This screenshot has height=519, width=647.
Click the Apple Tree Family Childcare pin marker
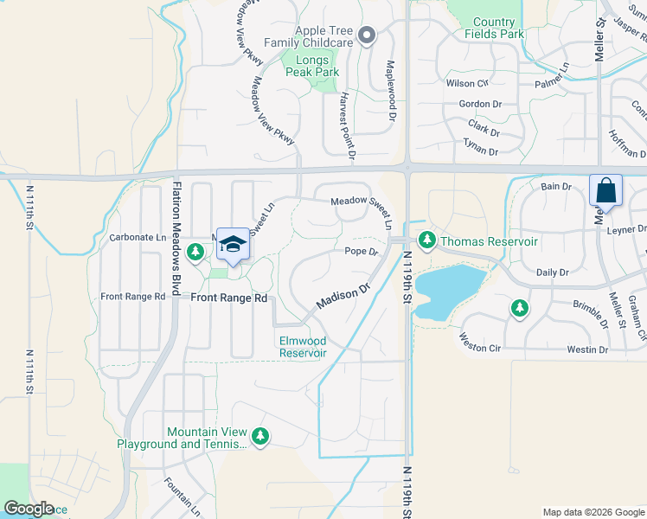tap(367, 35)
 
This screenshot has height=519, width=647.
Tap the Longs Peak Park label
tap(312, 66)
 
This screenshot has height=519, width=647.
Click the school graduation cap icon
tap(233, 246)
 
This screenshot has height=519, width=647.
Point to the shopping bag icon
tap(606, 190)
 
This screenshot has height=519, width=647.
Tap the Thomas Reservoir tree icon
tap(426, 240)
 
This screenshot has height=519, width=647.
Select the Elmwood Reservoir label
tap(303, 347)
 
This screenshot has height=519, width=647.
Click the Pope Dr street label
tap(362, 252)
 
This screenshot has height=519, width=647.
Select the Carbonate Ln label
tap(138, 237)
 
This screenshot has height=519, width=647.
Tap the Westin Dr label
tap(587, 349)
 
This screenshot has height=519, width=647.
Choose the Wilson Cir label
tap(468, 84)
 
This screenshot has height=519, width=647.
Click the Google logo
tap(29, 509)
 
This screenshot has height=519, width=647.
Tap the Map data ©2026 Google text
tap(593, 512)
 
